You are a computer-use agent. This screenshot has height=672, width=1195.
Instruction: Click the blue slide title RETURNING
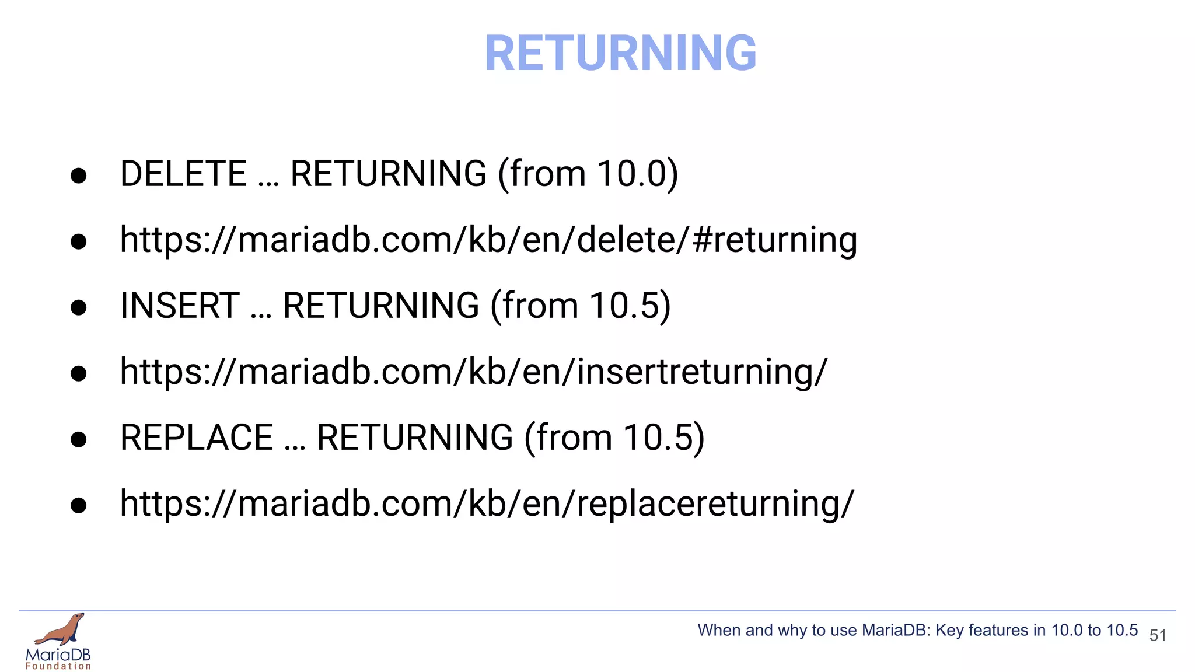620,54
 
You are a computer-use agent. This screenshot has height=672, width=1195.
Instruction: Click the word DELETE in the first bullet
183,174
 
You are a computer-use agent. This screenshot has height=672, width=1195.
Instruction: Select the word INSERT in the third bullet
180,306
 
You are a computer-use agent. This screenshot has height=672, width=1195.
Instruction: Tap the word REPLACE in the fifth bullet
197,437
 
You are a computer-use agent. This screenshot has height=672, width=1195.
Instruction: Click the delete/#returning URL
488,240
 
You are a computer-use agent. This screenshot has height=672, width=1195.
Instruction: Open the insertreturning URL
473,372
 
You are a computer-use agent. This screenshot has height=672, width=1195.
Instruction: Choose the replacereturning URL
487,503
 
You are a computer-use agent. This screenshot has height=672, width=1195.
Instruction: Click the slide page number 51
1158,635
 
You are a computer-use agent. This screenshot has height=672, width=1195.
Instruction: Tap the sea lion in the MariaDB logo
61,629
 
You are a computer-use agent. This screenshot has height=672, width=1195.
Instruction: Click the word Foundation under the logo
58,666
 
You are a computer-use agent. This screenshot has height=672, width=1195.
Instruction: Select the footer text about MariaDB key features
917,630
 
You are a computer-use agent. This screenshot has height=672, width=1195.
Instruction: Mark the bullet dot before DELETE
78,176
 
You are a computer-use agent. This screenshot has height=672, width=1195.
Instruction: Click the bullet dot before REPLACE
78,439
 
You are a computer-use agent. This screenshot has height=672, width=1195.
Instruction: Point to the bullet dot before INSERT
78,307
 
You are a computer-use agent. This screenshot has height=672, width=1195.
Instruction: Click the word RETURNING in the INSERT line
380,306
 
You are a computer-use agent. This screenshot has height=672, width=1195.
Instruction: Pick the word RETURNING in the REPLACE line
414,437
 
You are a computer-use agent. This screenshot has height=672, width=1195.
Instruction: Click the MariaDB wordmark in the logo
58,654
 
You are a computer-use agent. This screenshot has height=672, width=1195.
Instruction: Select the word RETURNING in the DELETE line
388,174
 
